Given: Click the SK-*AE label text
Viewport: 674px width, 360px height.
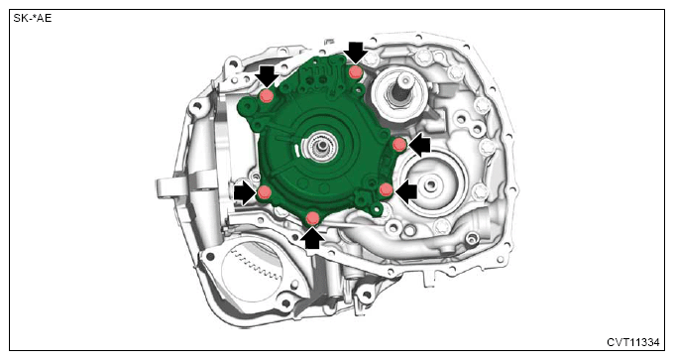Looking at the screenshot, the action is pos(33,19).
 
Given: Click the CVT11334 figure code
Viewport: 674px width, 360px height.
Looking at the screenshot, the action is pos(632,342).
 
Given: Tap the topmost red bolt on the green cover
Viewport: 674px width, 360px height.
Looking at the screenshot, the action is pos(355,71).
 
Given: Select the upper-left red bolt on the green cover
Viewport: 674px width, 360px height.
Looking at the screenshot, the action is pos(267,96).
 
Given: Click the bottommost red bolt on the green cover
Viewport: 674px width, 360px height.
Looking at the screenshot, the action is pos(313,218).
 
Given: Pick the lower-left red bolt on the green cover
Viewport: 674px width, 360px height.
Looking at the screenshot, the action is pos(265,191).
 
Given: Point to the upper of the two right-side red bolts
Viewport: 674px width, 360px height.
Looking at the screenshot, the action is pos(399,145).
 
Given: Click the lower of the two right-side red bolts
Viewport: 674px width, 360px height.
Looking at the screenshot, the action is pos(386,189).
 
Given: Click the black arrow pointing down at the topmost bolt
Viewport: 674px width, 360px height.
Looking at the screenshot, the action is pos(358,53).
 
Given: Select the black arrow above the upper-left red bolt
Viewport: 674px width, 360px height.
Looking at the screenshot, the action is pos(267,76).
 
